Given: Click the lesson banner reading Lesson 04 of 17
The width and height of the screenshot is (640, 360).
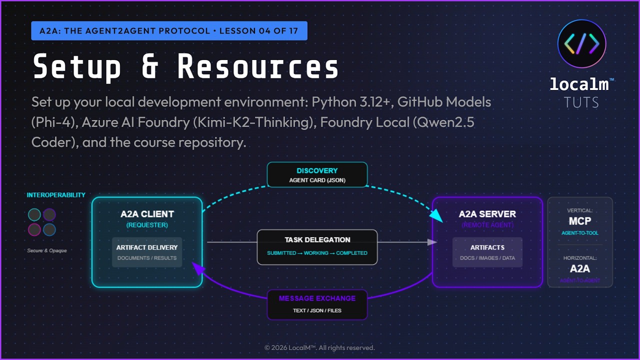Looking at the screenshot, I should point(169,31).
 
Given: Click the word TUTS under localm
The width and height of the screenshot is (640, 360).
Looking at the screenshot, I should point(581,102).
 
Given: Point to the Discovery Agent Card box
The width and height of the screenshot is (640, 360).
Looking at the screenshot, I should point(317,174).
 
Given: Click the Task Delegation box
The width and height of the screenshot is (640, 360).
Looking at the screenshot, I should point(317,246).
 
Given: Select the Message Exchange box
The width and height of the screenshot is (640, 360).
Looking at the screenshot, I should point(317,304).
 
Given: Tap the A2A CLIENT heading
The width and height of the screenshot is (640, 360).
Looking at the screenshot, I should point(147,214).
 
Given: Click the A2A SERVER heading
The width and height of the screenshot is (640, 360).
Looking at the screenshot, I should point(487,214).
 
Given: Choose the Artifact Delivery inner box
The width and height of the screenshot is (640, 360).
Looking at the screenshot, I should point(147,252).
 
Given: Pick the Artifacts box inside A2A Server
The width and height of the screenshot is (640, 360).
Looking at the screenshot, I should point(487,252).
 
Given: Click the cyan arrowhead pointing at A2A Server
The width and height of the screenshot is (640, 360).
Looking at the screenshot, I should point(436,215).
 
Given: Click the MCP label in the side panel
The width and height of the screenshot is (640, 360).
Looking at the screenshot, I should point(580,221).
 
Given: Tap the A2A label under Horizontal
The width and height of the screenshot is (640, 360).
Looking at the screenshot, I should point(580,268).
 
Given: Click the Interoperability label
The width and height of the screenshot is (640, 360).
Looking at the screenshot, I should point(56,195).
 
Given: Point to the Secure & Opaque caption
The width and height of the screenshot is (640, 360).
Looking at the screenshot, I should point(47,250).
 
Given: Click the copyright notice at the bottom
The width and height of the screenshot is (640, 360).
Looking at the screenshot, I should point(319,347).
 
